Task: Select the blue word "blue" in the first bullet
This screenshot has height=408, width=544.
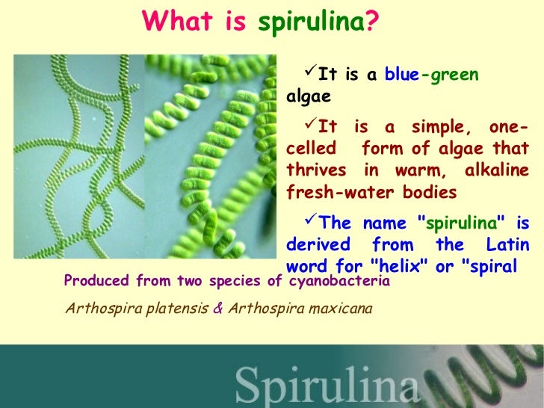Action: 402,75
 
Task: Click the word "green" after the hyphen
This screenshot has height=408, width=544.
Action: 453,75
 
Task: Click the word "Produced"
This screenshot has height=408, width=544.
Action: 97,281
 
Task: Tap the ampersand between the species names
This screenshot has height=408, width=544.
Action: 217,307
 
